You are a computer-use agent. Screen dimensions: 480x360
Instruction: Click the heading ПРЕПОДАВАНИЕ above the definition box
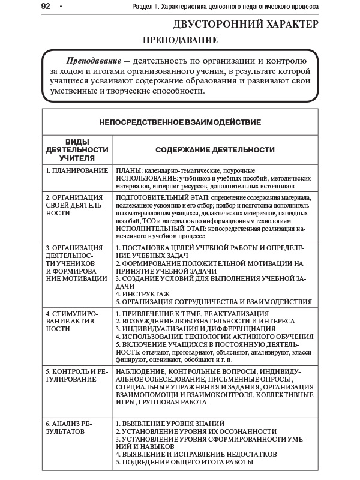179,40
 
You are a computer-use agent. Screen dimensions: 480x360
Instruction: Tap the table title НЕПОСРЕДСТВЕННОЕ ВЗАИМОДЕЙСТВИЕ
180,122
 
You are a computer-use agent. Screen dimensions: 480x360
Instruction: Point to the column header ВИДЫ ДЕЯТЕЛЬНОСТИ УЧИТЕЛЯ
77,149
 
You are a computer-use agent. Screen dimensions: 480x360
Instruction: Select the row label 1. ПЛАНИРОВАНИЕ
77,171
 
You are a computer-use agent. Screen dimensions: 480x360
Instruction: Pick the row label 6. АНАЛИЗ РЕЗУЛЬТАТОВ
71,427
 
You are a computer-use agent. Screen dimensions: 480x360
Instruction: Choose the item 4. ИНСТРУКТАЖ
143,293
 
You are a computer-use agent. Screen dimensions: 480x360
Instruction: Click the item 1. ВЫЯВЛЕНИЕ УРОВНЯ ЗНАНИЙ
170,424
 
